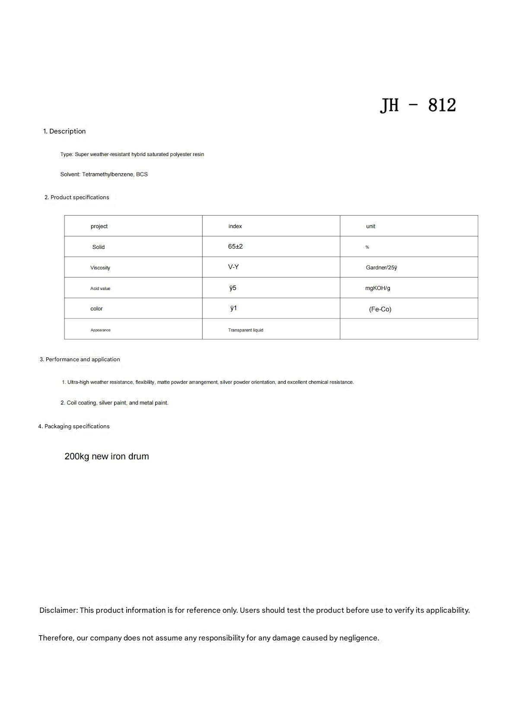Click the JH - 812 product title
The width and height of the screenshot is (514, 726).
(x=418, y=105)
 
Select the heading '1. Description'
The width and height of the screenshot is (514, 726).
(x=64, y=131)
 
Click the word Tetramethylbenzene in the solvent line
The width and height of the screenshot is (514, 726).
(x=108, y=175)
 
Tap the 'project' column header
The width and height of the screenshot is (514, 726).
(x=99, y=226)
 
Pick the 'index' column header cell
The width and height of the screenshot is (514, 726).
(x=235, y=226)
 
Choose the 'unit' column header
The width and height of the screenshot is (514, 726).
(x=370, y=226)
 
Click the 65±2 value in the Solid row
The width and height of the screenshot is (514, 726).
(x=235, y=247)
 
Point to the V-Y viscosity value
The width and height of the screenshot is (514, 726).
(x=233, y=267)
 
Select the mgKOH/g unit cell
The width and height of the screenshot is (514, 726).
(x=377, y=288)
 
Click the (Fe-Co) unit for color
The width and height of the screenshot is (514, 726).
(x=380, y=309)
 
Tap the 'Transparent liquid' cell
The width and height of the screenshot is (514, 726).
(x=246, y=330)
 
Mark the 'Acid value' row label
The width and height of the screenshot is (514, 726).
(x=100, y=289)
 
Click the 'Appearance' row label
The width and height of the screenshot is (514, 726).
(x=100, y=330)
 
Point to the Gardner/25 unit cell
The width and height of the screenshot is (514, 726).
(x=381, y=268)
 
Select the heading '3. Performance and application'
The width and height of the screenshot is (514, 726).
(x=80, y=360)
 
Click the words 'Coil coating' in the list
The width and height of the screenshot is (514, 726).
(x=81, y=403)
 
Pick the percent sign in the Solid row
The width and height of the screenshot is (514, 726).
(x=367, y=247)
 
